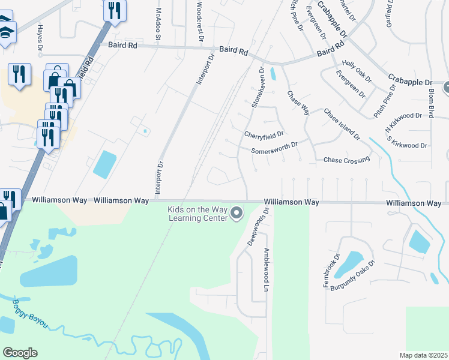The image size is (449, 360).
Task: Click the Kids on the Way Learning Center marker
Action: tap(237, 213)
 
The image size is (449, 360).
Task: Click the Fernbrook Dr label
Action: tap(332, 271)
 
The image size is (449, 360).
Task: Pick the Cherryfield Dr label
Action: tap(264, 134)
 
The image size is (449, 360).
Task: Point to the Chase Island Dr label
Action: tap(342, 124)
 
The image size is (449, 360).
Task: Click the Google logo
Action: tap(20, 353)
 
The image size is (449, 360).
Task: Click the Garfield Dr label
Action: tap(391, 15)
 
